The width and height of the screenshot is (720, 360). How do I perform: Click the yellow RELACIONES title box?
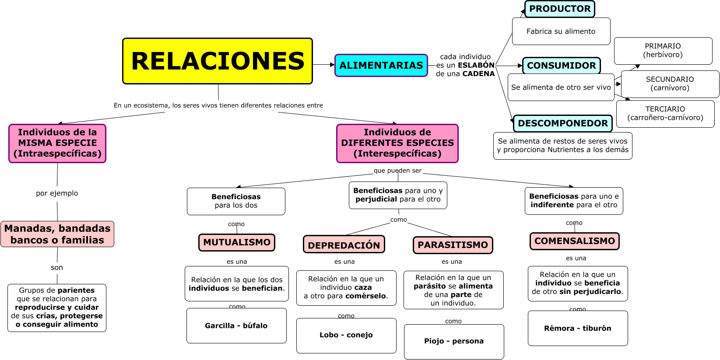click(218, 61)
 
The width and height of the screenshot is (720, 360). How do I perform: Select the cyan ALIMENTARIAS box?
click(381, 66)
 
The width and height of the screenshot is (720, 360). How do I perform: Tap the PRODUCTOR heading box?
click(559, 9)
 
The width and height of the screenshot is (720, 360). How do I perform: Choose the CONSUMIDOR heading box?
click(561, 66)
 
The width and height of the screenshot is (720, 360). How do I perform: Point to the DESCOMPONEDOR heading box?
click(562, 123)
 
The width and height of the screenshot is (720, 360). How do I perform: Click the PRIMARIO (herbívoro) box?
click(663, 51)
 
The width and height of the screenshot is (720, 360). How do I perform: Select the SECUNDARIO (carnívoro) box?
click(670, 84)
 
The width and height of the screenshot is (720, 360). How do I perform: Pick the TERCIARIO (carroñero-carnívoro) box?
click(665, 114)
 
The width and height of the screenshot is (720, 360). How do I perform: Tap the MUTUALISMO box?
click(237, 242)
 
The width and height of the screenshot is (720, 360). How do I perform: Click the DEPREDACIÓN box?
click(344, 245)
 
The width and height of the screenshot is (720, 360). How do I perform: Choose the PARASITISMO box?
click(453, 245)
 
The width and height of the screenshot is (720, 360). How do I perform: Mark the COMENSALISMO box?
click(574, 241)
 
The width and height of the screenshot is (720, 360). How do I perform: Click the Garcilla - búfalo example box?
click(236, 326)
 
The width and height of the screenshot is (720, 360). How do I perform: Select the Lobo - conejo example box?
click(346, 336)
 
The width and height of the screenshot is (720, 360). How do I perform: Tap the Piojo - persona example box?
click(454, 342)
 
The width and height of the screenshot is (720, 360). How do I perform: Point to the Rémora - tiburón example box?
click(578, 329)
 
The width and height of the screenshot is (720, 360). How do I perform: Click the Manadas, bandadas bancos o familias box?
click(57, 234)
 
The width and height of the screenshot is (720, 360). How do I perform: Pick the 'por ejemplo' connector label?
click(57, 193)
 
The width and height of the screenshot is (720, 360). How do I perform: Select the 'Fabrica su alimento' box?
click(561, 31)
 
